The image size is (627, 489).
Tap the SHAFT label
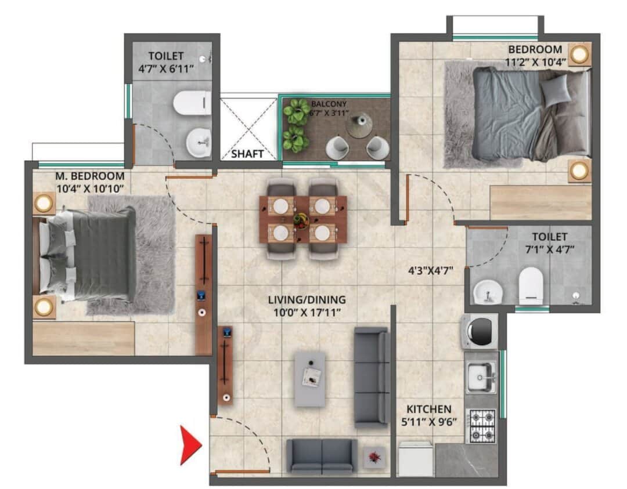[247, 154]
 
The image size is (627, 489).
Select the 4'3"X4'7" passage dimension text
[430, 271]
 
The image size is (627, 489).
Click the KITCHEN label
[428, 409]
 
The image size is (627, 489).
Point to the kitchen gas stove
[482, 426]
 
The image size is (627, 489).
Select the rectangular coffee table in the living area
[310, 379]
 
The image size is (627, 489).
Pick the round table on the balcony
[359, 125]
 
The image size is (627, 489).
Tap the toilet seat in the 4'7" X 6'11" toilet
[192, 103]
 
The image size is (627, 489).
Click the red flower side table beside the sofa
[374, 457]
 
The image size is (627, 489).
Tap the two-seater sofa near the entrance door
[322, 457]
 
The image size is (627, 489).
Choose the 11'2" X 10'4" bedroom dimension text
[535, 62]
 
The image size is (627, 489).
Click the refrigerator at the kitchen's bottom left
[416, 459]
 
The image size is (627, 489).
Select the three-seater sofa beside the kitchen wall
[372, 377]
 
